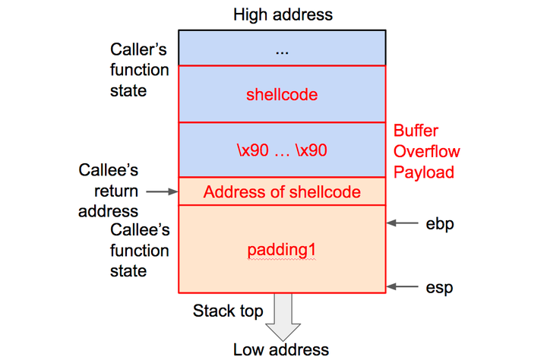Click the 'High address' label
283,14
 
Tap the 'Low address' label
282,349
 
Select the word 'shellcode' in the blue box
282,95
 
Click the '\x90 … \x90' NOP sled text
282,150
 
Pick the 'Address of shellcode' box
282,192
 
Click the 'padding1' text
282,250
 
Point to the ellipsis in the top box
282,49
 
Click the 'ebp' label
440,223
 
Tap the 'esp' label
440,287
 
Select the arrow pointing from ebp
402,223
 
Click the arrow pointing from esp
402,287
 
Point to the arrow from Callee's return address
161,192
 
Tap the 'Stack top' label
228,311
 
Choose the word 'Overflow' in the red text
427,151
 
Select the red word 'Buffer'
416,131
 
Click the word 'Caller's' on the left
140,50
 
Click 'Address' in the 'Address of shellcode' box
229,192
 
